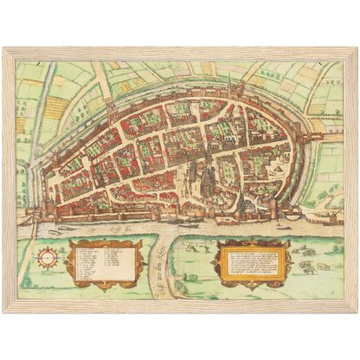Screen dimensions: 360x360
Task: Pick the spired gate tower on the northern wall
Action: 228,87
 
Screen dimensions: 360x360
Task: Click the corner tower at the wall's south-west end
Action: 47,209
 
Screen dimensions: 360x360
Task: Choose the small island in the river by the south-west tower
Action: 35,227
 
